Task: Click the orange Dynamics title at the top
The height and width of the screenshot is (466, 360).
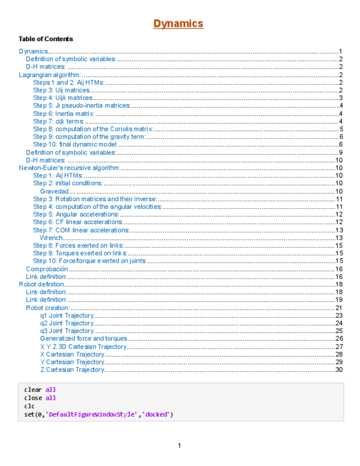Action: pos(178,24)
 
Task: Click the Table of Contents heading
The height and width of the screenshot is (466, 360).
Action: pos(46,39)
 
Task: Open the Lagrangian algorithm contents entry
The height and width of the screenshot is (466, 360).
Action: pos(50,75)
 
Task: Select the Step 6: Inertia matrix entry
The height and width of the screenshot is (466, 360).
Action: pos(63,114)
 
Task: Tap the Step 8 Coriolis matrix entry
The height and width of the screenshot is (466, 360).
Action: pos(92,129)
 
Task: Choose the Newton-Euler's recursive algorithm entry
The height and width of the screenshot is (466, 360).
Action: pos(69,168)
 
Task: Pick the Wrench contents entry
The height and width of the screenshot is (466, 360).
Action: pos(51,238)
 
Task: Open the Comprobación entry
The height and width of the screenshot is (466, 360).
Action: pos(47,269)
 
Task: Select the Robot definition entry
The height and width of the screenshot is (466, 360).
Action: pos(42,285)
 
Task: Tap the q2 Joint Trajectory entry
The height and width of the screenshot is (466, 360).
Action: pos(67,323)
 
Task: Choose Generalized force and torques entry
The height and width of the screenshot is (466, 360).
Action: pos(84,339)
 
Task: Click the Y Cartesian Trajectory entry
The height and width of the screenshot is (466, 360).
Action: pos(72,362)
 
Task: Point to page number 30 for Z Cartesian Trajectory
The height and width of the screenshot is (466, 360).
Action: pos(339,370)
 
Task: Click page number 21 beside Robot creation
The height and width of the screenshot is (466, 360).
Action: pos(339,308)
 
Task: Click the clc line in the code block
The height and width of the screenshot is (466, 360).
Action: pos(29,406)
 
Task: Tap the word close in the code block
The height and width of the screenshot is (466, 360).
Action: pos(33,398)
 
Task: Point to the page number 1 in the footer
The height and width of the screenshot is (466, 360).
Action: pos(179,446)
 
